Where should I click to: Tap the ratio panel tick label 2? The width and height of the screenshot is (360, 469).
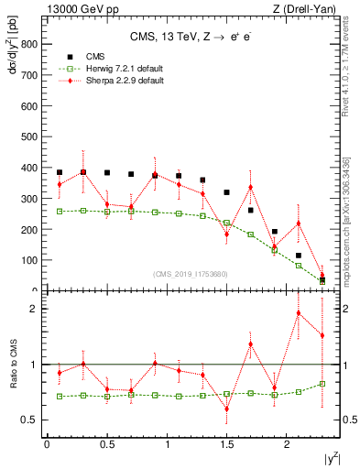pyautogui.click(x=34, y=309)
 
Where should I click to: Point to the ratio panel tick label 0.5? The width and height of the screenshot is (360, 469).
pyautogui.click(x=30, y=420)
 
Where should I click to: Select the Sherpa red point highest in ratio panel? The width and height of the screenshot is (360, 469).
pyautogui.click(x=299, y=313)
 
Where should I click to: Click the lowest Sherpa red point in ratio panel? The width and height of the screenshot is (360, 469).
pyautogui.click(x=226, y=409)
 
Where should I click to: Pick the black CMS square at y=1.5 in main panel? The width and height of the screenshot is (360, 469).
pyautogui.click(x=226, y=192)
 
